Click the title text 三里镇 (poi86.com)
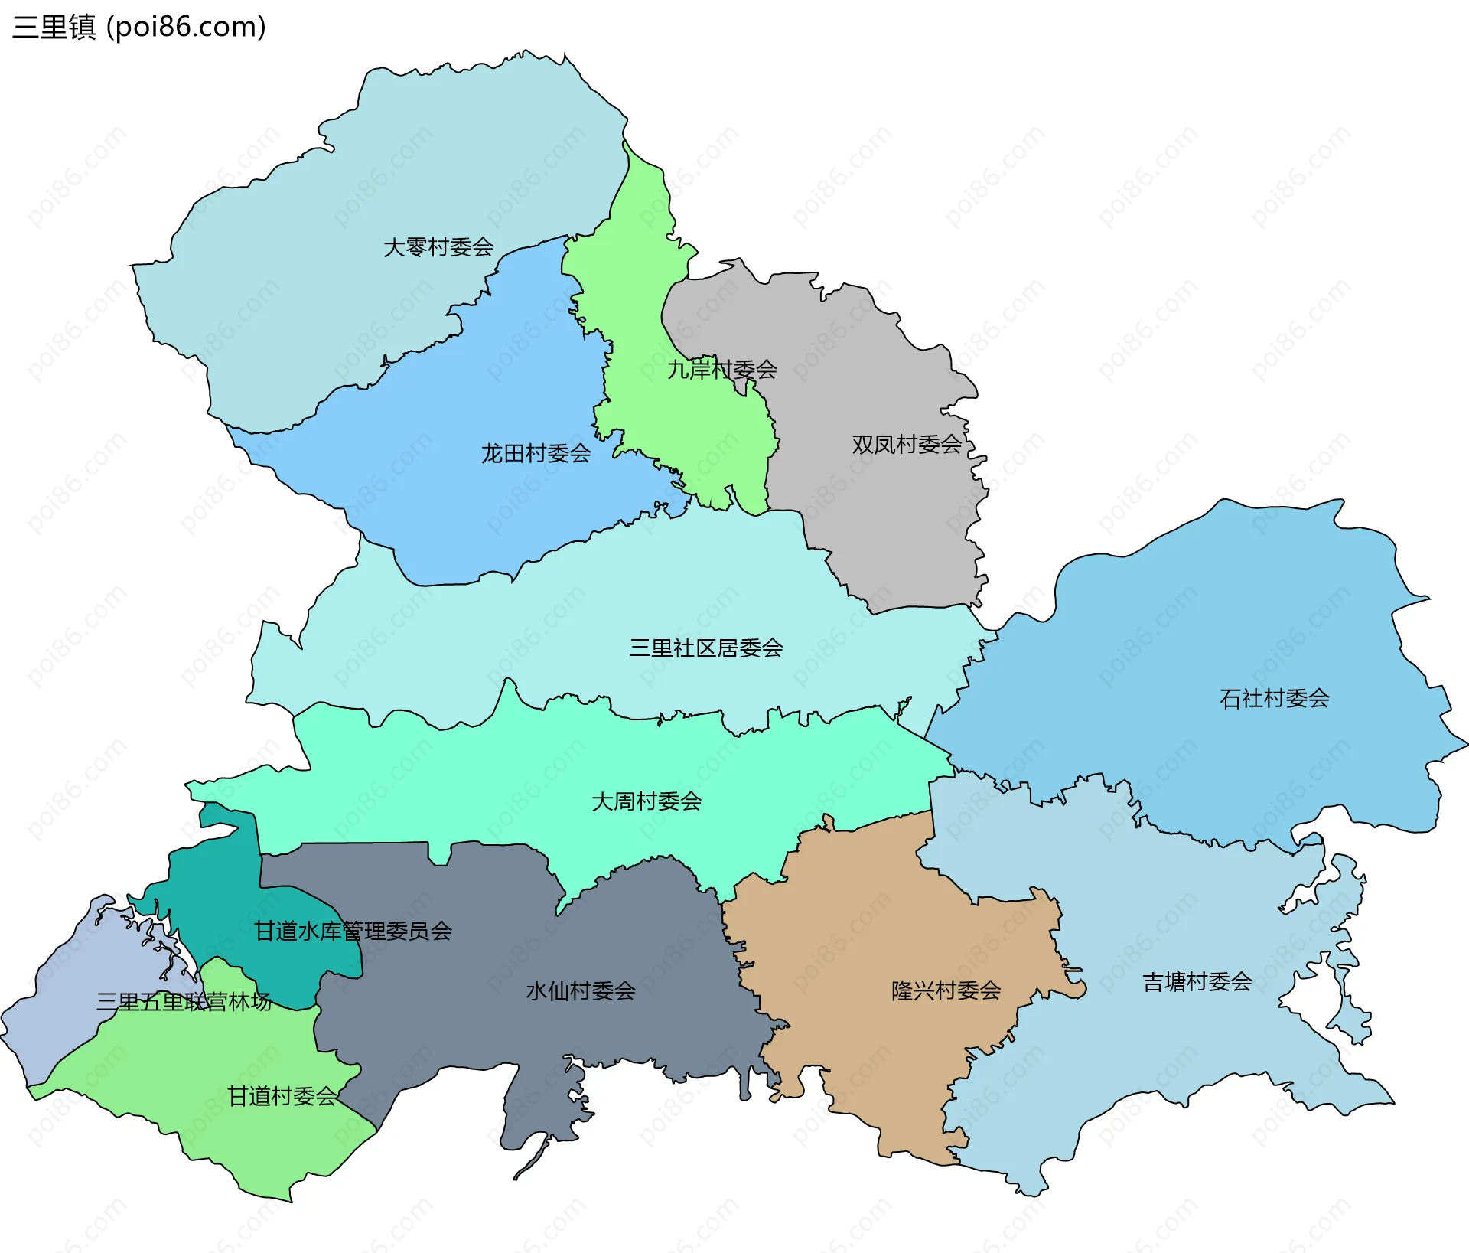138,27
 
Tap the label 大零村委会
438,247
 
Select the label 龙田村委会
536,454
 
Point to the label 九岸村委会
721,370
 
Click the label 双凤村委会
907,444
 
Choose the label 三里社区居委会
705,648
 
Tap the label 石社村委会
1274,698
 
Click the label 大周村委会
647,801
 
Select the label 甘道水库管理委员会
353,932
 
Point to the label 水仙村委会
581,991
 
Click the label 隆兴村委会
946,990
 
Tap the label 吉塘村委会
1197,982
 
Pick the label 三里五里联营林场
184,1002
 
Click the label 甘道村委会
282,1096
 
